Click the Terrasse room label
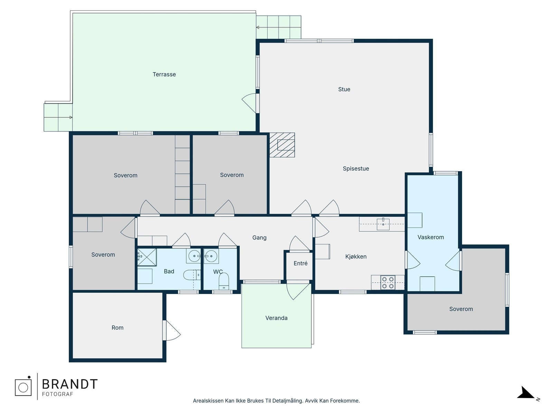click(164, 74)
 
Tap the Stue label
click(344, 89)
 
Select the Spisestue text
click(356, 168)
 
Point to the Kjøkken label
click(356, 257)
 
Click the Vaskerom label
click(431, 237)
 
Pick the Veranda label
click(276, 318)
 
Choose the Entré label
click(301, 263)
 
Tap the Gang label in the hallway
click(259, 238)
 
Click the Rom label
click(118, 328)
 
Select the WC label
click(218, 271)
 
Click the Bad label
click(169, 271)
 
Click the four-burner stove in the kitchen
click(388, 283)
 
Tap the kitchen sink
click(383, 224)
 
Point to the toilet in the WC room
click(224, 281)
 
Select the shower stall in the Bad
click(147, 257)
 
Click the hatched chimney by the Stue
click(282, 145)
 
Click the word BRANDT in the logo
click(69, 384)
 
